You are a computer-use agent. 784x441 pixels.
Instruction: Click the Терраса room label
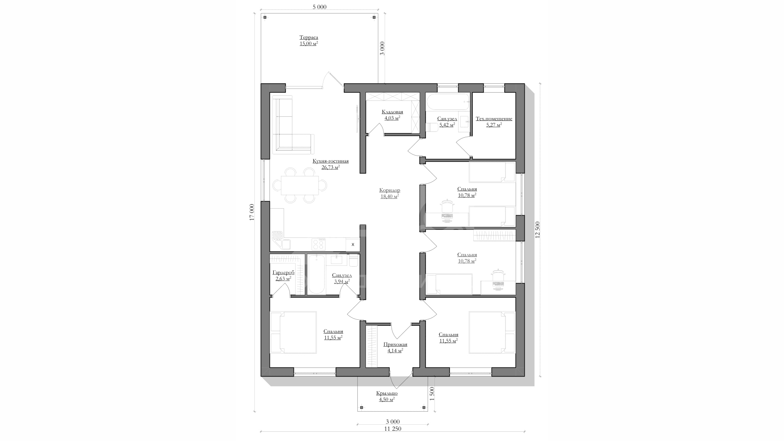point(309,38)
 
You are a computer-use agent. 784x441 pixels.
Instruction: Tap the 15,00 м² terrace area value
point(309,43)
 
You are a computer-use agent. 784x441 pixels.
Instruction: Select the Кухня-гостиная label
point(330,161)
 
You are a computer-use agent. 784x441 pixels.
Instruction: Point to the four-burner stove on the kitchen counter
point(318,244)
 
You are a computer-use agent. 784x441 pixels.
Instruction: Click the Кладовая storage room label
point(392,112)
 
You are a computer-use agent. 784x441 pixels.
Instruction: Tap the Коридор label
point(390,190)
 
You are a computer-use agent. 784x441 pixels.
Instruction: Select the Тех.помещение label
point(494,119)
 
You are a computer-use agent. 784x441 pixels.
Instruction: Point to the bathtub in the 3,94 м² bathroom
point(316,274)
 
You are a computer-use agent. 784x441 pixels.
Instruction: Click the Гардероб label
point(283,273)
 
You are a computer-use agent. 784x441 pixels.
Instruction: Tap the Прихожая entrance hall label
point(395,345)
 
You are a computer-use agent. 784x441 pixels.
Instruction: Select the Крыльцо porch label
point(387,393)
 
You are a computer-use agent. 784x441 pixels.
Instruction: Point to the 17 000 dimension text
point(252,212)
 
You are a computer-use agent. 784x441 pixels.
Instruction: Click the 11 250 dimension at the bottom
point(392,429)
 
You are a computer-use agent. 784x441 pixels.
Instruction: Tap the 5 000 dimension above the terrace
point(319,7)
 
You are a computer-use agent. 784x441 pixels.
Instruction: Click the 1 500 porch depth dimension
point(432,394)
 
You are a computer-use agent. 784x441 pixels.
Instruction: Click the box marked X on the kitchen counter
point(353,245)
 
